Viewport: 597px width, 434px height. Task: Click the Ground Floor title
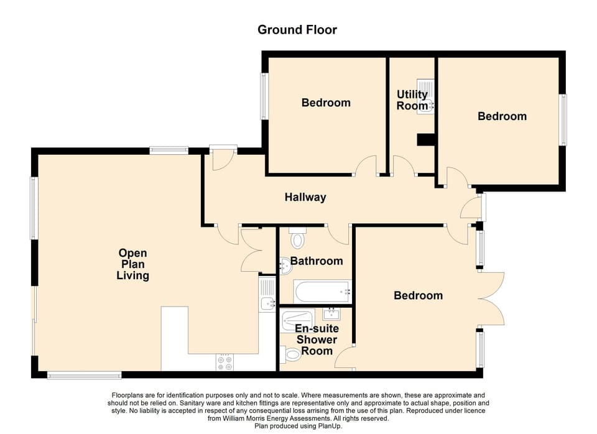click(x=297, y=30)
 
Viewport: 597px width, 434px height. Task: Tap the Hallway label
click(x=305, y=198)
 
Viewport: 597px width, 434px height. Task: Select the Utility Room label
click(x=412, y=100)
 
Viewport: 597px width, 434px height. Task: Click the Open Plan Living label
click(x=133, y=264)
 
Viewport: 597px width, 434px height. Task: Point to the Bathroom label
click(x=317, y=261)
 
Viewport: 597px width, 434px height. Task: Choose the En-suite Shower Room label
click(x=316, y=339)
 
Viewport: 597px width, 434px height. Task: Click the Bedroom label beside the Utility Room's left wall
click(x=326, y=103)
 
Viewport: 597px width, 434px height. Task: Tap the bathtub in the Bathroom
click(x=322, y=291)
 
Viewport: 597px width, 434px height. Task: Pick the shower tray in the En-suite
click(x=299, y=320)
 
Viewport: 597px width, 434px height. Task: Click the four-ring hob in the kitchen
click(x=224, y=362)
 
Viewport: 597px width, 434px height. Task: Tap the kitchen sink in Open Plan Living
click(x=268, y=298)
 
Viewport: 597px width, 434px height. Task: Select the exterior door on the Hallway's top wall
click(x=222, y=159)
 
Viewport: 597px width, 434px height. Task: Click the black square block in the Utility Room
click(x=426, y=141)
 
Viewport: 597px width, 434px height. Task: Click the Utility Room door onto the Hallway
click(x=404, y=166)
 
